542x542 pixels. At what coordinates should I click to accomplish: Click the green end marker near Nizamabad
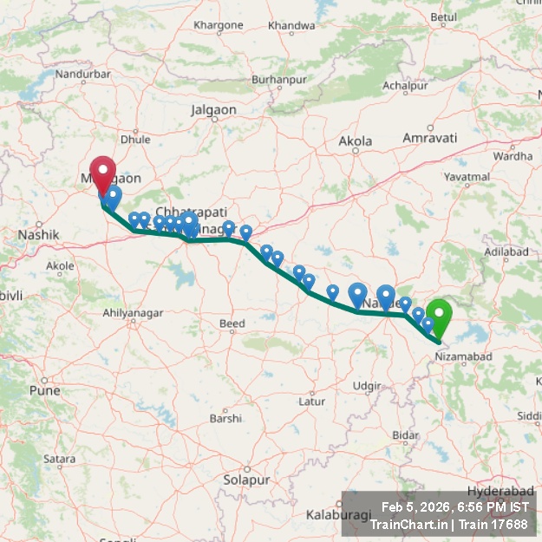click(440, 317)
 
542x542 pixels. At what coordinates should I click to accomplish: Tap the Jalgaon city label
click(213, 110)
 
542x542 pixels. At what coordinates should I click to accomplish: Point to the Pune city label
click(45, 390)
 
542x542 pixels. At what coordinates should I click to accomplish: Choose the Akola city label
click(356, 140)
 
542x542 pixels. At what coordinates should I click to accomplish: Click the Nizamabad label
click(464, 356)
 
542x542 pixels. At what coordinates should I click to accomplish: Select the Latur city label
click(311, 402)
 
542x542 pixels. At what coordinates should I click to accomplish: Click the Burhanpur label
click(275, 80)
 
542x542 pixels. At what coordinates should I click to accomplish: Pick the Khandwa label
click(291, 26)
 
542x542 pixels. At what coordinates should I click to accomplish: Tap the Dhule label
click(136, 139)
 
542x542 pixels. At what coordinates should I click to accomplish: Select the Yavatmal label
click(467, 176)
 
